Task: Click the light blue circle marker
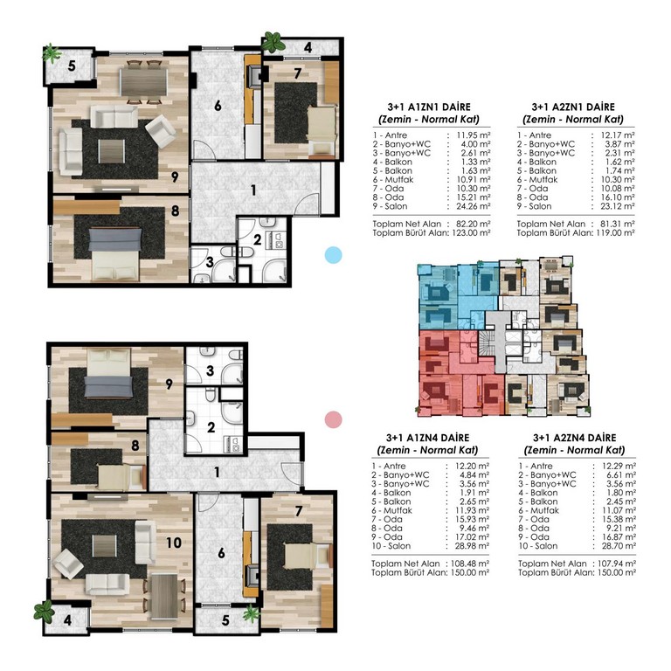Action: (x=334, y=255)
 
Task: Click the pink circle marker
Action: (x=334, y=419)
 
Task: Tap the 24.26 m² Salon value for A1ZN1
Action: (x=474, y=206)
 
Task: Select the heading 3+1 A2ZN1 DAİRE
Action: (x=573, y=107)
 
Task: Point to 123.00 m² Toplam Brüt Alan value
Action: (x=470, y=232)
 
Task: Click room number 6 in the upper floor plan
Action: (x=218, y=105)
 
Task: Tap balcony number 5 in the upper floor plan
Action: (x=72, y=66)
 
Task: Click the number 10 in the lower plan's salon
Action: (x=174, y=543)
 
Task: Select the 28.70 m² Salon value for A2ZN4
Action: (x=619, y=546)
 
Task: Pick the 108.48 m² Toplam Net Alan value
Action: (x=470, y=564)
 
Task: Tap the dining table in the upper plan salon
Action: (x=143, y=82)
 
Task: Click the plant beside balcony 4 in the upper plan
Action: (x=273, y=42)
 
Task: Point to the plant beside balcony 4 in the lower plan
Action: (x=44, y=611)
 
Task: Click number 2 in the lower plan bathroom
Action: (x=211, y=427)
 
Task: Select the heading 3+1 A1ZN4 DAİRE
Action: (x=427, y=438)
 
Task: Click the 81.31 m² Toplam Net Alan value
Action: (x=616, y=224)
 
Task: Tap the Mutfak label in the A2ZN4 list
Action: (x=544, y=510)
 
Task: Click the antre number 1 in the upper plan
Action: (x=253, y=190)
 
